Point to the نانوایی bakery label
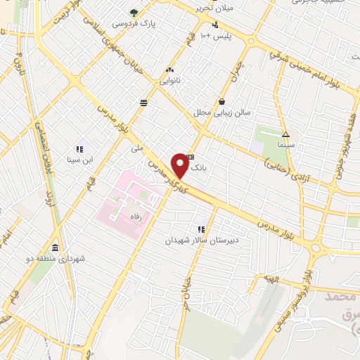point(169,80)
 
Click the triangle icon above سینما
point(285,134)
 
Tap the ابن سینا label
point(79,159)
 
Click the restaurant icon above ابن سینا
point(79,148)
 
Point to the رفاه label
point(131,217)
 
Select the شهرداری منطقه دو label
point(60,258)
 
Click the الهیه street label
point(272,280)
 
